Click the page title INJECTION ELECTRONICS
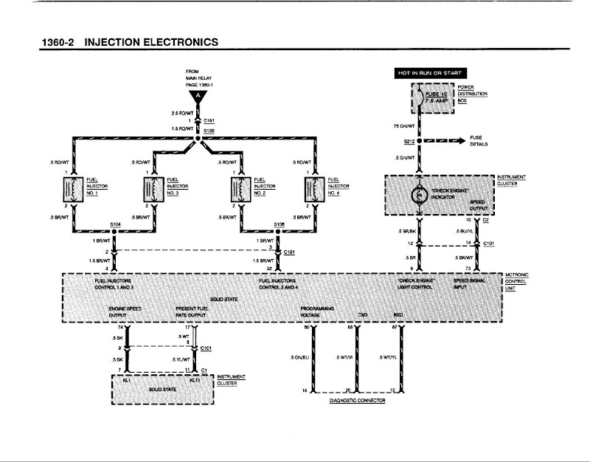152,42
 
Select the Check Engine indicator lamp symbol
417,195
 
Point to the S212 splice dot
417,140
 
